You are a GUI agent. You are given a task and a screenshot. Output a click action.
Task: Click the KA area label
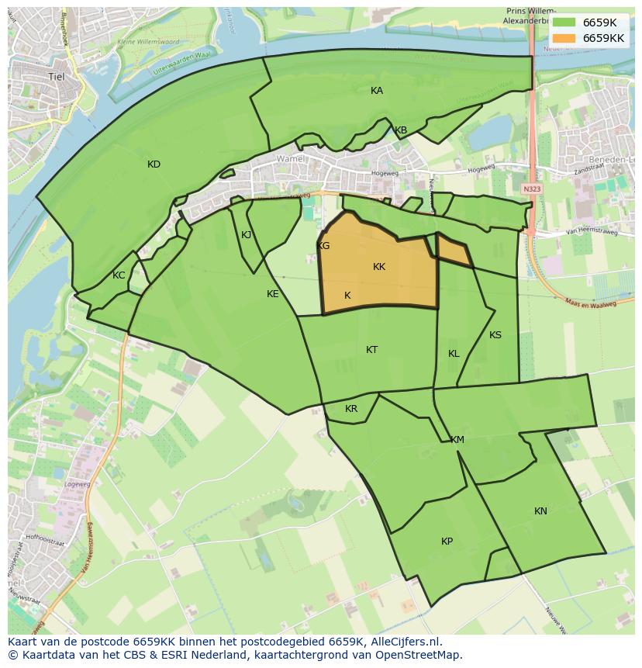377,91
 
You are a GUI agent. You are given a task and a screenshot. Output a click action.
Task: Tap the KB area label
401,130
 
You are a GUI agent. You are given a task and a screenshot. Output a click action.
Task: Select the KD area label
154,164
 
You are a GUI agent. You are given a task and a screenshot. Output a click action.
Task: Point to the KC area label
119,275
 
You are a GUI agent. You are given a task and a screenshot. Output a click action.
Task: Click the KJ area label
247,235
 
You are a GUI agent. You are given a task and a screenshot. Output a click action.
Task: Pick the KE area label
273,294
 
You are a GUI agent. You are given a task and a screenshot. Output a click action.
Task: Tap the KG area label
324,246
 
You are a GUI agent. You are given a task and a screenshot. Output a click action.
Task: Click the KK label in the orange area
379,267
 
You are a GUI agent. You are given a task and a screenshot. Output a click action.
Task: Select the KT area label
372,350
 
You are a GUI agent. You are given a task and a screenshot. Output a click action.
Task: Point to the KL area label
454,354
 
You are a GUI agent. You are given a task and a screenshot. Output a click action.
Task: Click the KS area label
495,335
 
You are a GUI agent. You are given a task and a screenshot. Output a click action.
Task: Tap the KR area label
351,409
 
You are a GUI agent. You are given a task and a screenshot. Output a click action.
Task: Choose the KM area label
457,440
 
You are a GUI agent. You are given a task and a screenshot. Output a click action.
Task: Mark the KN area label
540,511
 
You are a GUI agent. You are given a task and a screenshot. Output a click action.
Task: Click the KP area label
447,542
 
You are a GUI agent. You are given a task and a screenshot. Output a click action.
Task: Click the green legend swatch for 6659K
564,23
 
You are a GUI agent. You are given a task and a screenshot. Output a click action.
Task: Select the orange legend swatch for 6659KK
564,38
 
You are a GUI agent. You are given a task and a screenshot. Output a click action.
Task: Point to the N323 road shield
532,189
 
